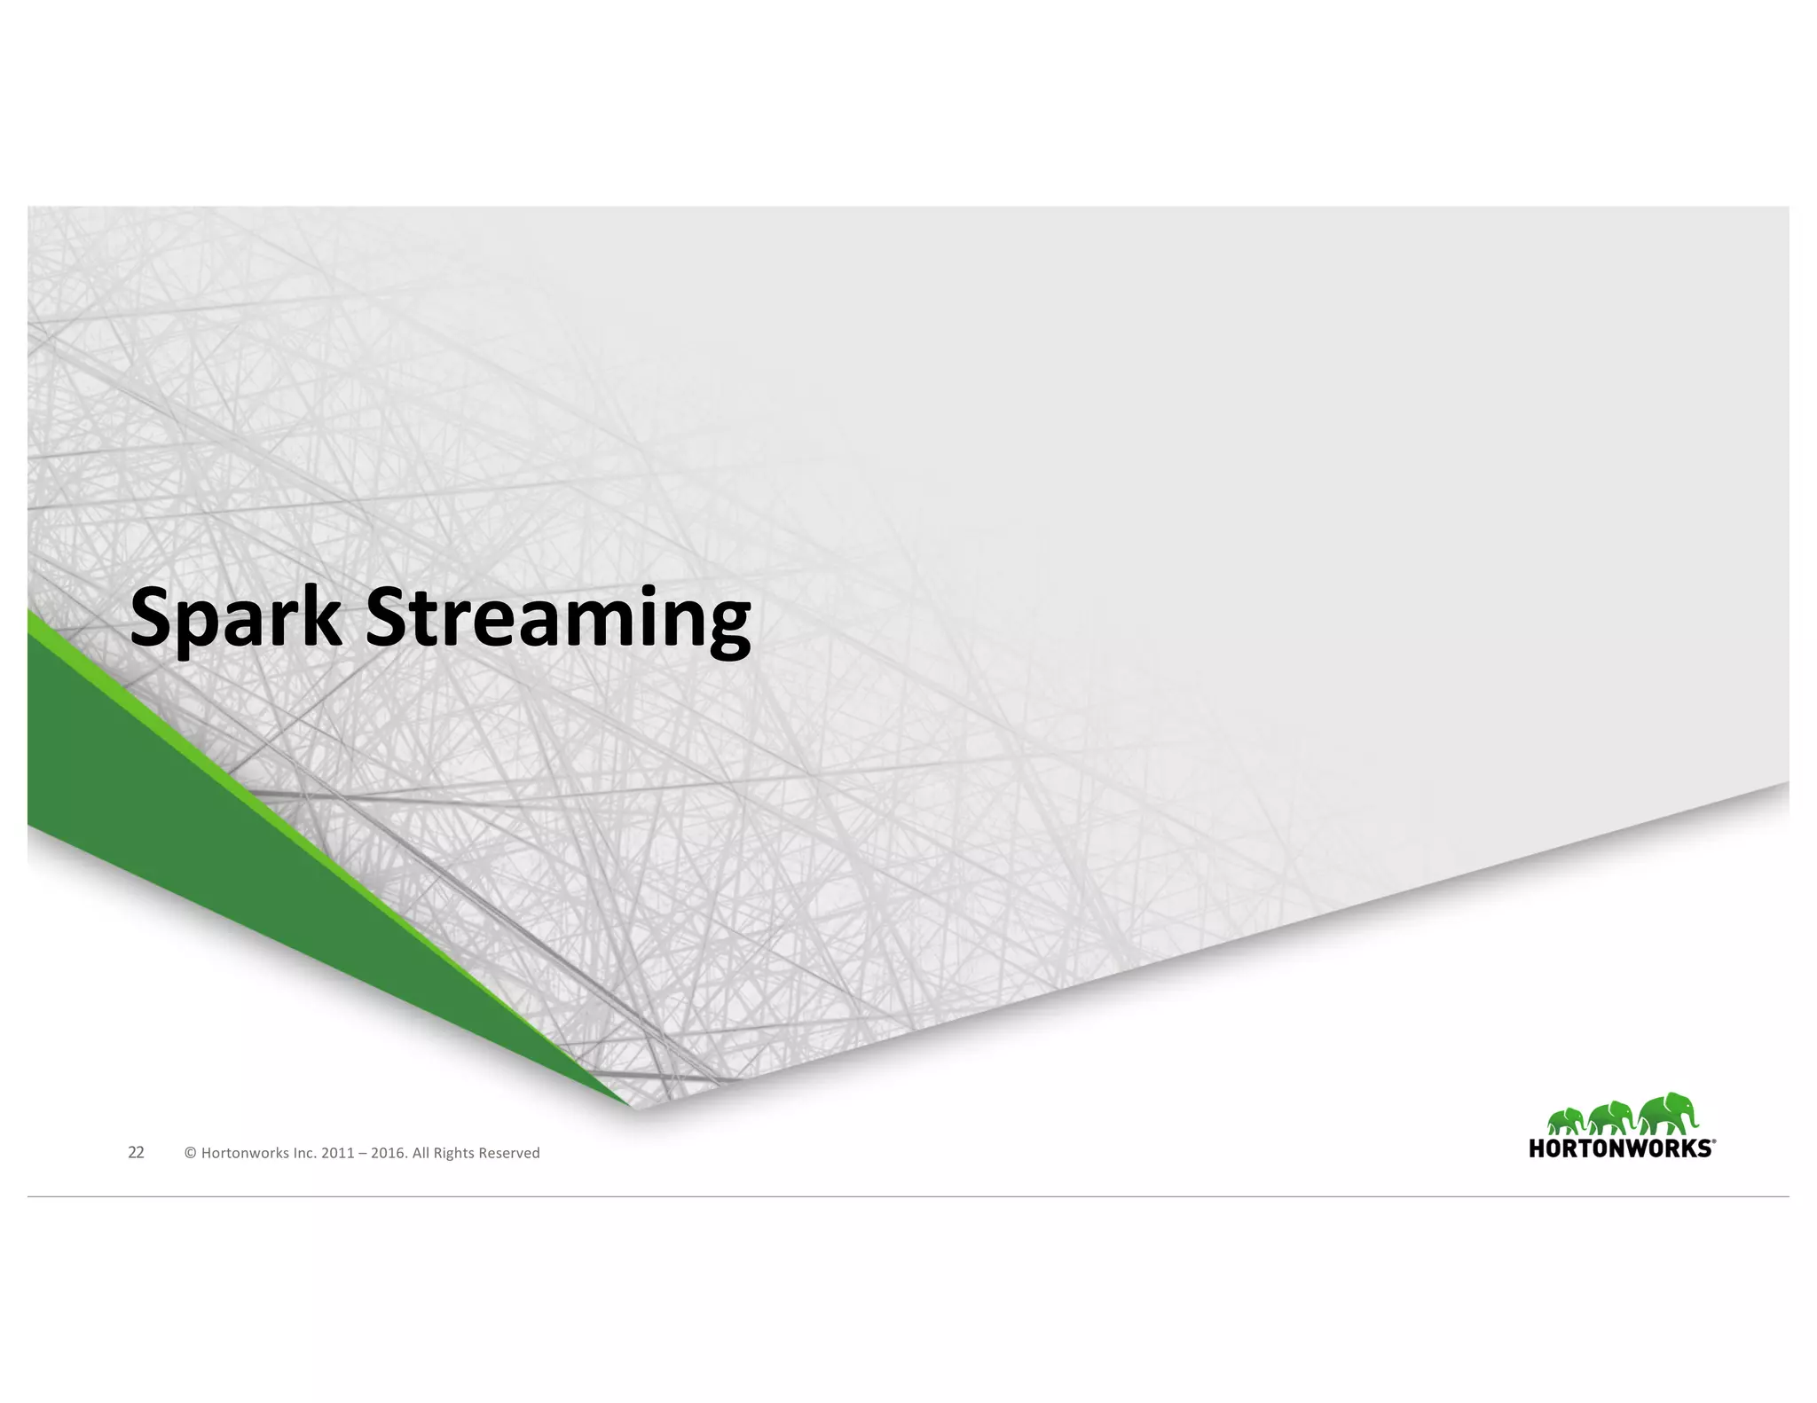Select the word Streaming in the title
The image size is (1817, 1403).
(558, 618)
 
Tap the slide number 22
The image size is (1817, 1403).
(136, 1152)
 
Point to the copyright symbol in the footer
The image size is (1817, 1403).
(190, 1153)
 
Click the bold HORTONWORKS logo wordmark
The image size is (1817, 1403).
(1620, 1148)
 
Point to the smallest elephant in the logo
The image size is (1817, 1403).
(1566, 1121)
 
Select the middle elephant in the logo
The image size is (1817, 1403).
(1611, 1117)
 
